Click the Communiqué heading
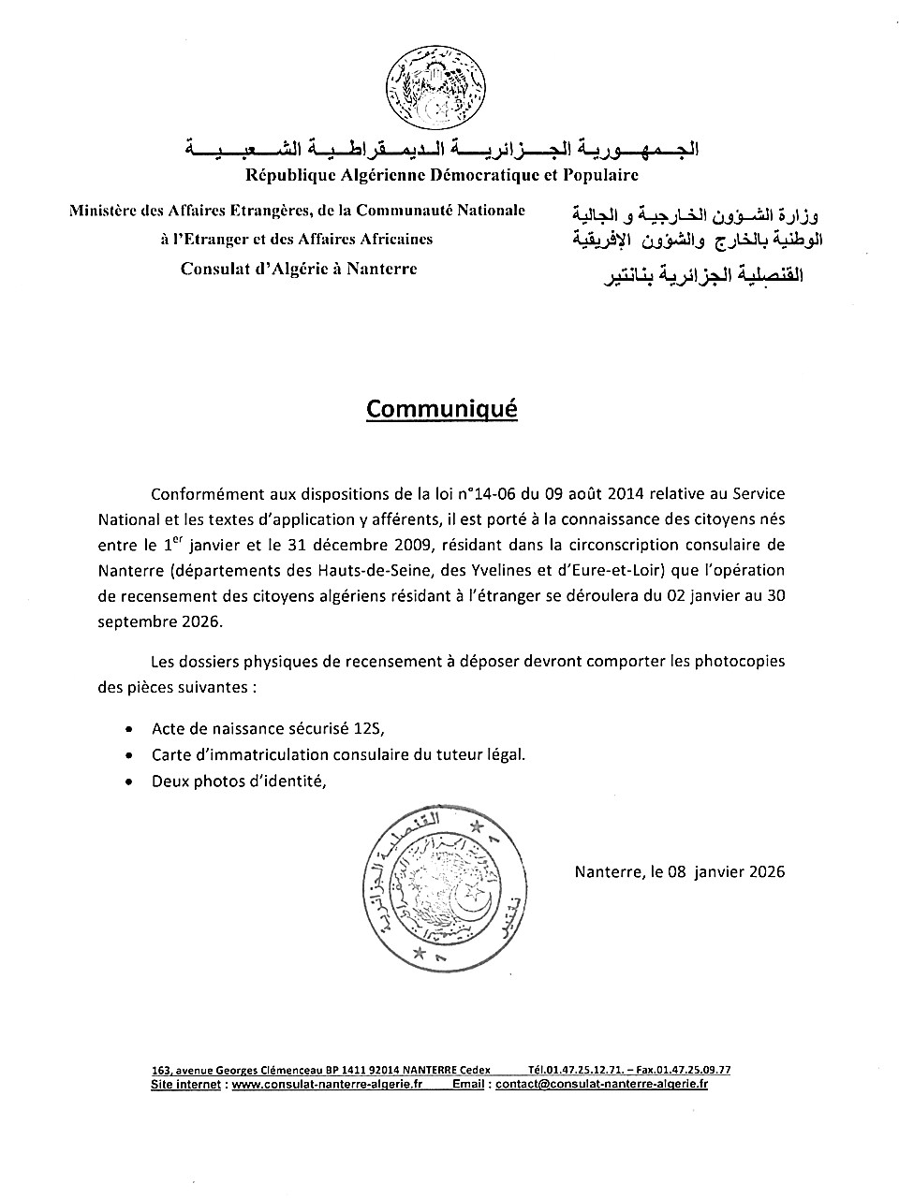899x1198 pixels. click(x=441, y=409)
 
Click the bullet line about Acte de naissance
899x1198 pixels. click(x=268, y=729)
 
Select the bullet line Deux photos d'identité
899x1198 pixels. click(x=238, y=780)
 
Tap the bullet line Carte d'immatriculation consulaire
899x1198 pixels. click(x=338, y=754)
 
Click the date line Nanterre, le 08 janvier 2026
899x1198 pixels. click(x=679, y=871)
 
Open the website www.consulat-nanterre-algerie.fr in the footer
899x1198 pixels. click(x=327, y=1085)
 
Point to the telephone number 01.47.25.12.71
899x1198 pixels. click(x=594, y=1070)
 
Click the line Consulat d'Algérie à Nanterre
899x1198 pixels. click(x=299, y=269)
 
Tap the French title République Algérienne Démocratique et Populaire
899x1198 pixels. click(x=442, y=174)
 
